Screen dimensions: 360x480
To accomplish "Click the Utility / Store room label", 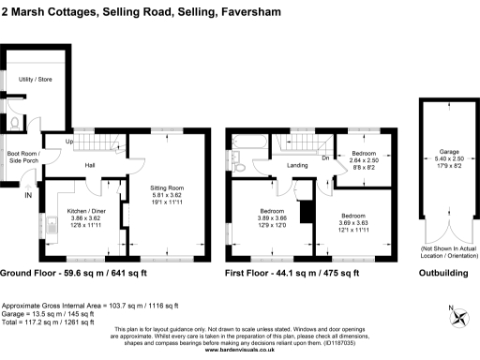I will click(x=35, y=81).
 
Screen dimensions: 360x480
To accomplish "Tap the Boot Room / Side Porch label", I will click(x=22, y=158).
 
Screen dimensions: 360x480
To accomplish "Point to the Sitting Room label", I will click(x=167, y=187).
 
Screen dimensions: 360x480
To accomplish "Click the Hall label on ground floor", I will click(x=91, y=166).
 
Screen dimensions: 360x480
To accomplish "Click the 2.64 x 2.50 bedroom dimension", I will click(x=363, y=160).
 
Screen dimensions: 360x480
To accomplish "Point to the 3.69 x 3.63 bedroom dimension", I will click(x=353, y=221).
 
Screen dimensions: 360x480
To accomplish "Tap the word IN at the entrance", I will click(x=28, y=195).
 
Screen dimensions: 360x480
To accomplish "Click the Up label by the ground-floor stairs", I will click(x=68, y=142).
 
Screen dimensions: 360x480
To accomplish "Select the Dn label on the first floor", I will click(x=324, y=157).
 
